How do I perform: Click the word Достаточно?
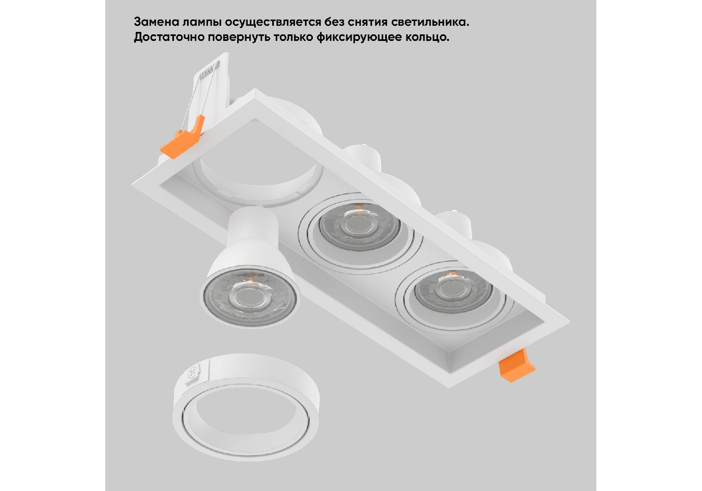[169, 37]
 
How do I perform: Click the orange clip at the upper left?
[182, 138]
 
